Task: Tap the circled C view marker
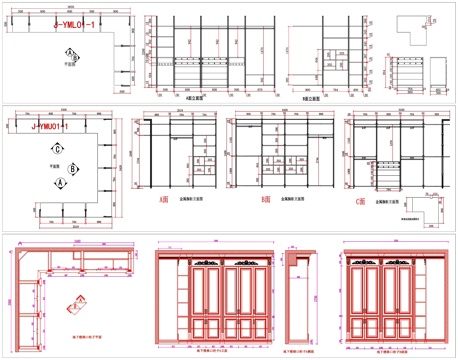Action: [x=60, y=149]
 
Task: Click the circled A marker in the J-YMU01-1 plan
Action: [x=61, y=185]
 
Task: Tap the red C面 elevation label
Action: [x=361, y=200]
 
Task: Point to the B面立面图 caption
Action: [x=300, y=98]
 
